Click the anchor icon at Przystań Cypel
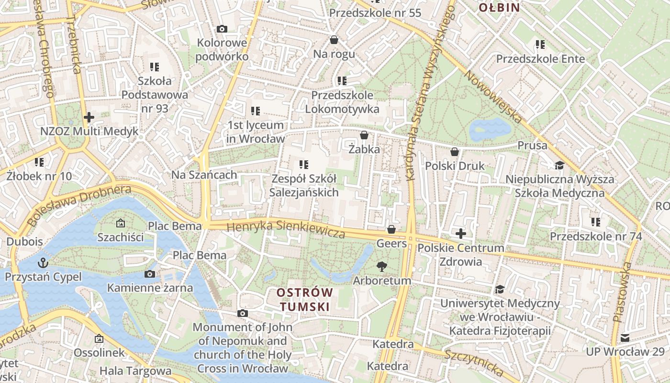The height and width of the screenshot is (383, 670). pyautogui.click(x=43, y=263)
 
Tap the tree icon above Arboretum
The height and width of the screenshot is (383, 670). pyautogui.click(x=381, y=267)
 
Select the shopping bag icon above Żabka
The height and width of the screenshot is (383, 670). pyautogui.click(x=364, y=135)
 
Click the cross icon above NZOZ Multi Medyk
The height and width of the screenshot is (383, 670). pyautogui.click(x=89, y=117)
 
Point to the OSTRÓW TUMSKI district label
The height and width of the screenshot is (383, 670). pyautogui.click(x=305, y=300)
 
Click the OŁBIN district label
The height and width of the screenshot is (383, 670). pyautogui.click(x=499, y=7)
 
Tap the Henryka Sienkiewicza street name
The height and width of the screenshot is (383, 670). pyautogui.click(x=286, y=229)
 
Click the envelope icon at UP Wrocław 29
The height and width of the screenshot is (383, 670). pyautogui.click(x=625, y=338)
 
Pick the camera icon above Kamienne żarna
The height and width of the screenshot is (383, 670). pyautogui.click(x=150, y=274)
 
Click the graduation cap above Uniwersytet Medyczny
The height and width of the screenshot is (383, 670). pyautogui.click(x=500, y=289)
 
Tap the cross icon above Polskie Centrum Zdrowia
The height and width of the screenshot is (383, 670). pyautogui.click(x=461, y=234)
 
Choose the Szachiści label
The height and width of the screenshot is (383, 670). pyautogui.click(x=120, y=237)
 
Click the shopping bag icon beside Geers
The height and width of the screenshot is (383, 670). pyautogui.click(x=391, y=229)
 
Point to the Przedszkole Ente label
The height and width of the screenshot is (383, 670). pyautogui.click(x=540, y=59)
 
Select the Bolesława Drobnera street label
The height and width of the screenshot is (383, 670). pyautogui.click(x=79, y=205)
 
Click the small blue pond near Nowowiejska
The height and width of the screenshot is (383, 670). pyautogui.click(x=490, y=129)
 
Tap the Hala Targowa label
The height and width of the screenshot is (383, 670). pyautogui.click(x=135, y=371)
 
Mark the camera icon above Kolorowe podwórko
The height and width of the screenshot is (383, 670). pyautogui.click(x=222, y=29)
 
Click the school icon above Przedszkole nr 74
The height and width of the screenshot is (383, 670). pyautogui.click(x=595, y=222)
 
